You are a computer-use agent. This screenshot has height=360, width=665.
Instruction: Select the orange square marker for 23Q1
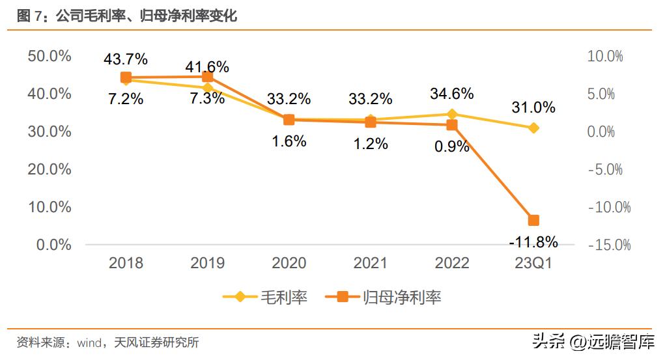coord(533,221)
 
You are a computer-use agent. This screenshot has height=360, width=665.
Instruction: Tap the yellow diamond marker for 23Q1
coord(533,128)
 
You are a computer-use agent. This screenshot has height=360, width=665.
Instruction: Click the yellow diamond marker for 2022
coord(452,114)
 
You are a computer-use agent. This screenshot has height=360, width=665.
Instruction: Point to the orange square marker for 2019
coord(208,77)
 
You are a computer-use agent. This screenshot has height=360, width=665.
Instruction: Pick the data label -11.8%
coord(533,242)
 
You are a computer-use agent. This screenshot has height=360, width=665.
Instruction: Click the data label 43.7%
coord(126,59)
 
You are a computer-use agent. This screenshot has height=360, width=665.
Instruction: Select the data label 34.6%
coord(452,94)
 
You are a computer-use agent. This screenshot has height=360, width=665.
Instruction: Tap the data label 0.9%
coord(452,146)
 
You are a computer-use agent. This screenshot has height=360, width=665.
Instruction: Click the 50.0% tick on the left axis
coord(50,56)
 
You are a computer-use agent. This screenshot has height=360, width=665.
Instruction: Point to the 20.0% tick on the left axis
coord(50,169)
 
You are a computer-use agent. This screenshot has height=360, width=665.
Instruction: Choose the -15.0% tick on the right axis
coord(609,245)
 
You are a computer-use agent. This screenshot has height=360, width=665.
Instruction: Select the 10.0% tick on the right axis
coord(605,56)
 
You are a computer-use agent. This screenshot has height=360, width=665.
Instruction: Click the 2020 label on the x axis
coord(289,263)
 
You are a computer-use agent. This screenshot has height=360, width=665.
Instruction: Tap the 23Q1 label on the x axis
coord(533,263)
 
